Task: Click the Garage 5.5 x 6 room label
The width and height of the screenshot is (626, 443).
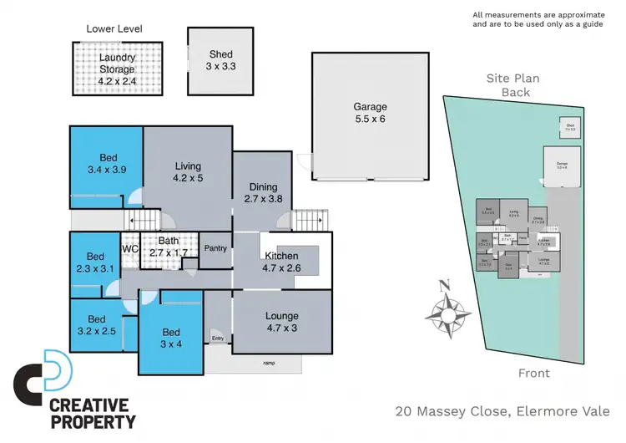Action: [371, 114]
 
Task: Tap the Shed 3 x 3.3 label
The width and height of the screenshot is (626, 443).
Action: [220, 61]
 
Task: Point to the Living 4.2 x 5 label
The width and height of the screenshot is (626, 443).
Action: [188, 171]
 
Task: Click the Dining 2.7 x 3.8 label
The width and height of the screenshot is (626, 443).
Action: [263, 193]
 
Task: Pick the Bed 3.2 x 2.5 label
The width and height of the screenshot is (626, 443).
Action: [97, 325]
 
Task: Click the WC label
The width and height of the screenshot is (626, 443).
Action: [129, 249]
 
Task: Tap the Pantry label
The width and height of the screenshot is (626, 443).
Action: [215, 248]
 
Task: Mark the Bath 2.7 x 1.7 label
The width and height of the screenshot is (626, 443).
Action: [169, 247]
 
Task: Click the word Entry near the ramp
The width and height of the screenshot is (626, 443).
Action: [218, 338]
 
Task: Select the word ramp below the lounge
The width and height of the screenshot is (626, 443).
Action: [268, 363]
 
